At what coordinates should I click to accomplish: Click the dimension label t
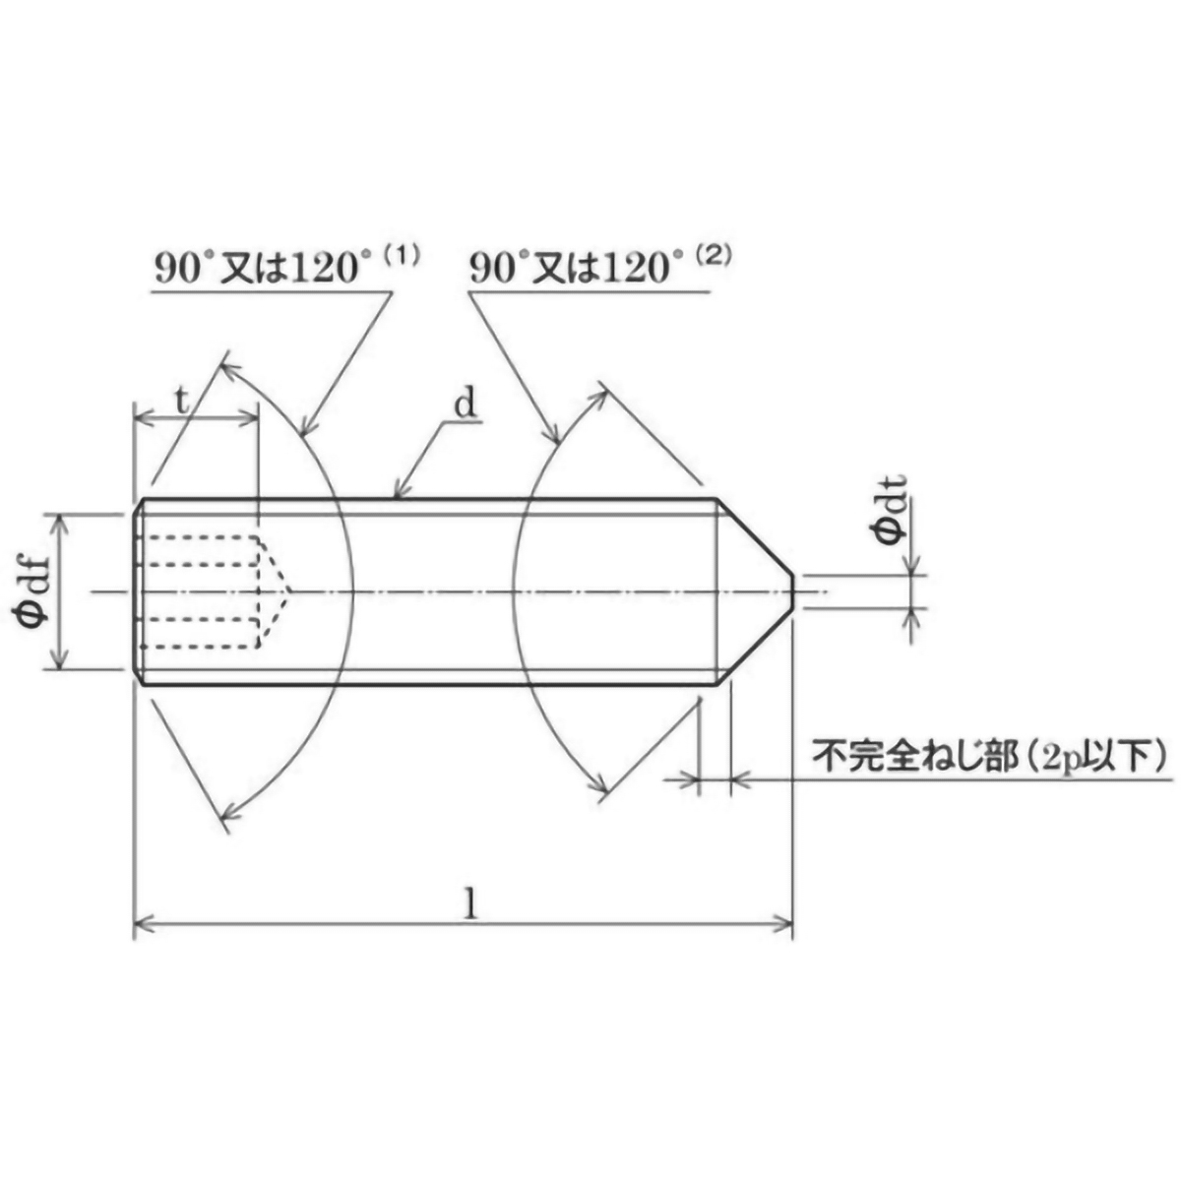(x=181, y=401)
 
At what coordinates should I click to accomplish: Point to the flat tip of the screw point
(x=792, y=591)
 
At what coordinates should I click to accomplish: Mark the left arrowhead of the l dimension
(x=141, y=923)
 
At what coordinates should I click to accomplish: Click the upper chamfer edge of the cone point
(x=755, y=537)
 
